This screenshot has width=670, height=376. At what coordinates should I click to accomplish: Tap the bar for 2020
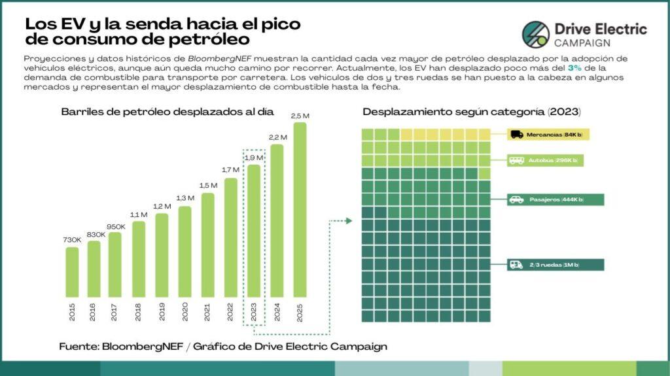(185, 254)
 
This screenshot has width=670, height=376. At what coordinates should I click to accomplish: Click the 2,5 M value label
(300, 116)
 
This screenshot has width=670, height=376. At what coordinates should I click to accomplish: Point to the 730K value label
(72, 241)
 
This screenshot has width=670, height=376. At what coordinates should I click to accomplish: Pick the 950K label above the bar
(115, 226)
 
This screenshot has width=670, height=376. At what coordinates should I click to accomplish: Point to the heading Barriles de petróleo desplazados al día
(167, 112)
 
